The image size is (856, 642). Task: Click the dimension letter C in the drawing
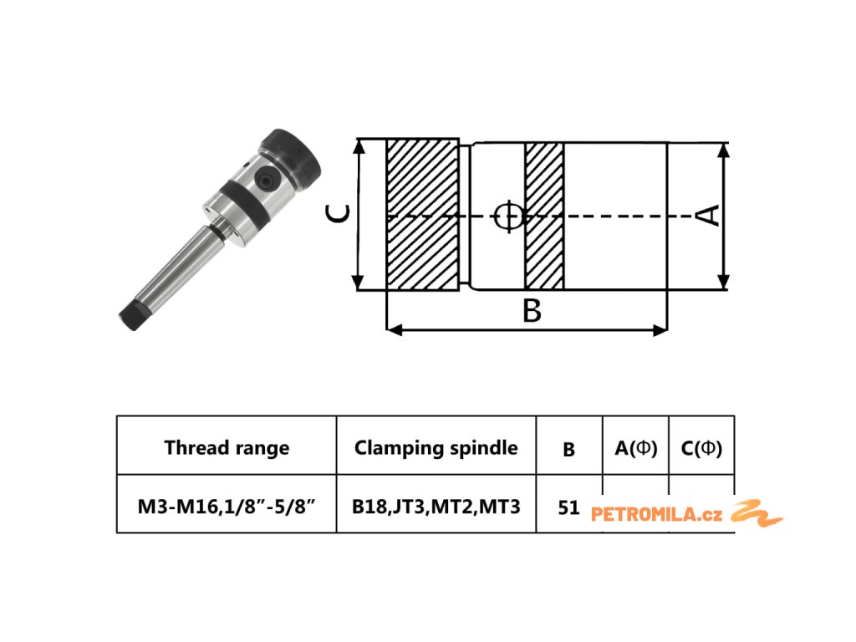(337, 216)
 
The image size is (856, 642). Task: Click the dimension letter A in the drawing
(708, 215)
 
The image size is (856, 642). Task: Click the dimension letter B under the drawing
(532, 311)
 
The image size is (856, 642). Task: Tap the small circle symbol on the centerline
(507, 216)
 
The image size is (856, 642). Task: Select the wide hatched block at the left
(422, 216)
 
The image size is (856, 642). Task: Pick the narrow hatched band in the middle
(543, 216)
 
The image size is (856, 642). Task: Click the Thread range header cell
(227, 447)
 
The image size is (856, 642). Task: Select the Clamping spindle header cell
(436, 447)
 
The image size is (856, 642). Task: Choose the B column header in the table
(568, 449)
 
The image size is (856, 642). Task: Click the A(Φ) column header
(636, 448)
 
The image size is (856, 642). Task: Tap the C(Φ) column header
(701, 448)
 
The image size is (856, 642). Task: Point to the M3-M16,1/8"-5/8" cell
(227, 506)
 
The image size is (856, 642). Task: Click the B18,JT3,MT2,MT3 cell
(436, 506)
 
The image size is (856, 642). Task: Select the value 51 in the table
(568, 507)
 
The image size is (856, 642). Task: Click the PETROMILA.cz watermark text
(656, 514)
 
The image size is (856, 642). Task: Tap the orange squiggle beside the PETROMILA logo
(757, 512)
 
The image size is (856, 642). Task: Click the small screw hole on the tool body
(266, 179)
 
